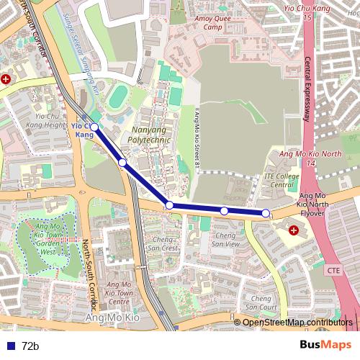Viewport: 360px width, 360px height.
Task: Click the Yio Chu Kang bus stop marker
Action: (x=94, y=127)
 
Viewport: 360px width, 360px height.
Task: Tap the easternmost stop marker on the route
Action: (x=266, y=213)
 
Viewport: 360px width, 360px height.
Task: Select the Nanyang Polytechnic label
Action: (x=146, y=135)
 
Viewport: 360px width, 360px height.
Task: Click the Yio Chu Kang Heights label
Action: (x=46, y=120)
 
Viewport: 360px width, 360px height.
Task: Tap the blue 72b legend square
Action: (x=9, y=346)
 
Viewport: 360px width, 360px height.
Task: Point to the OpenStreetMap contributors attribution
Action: (x=297, y=322)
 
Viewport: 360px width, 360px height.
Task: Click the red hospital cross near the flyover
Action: (x=294, y=230)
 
